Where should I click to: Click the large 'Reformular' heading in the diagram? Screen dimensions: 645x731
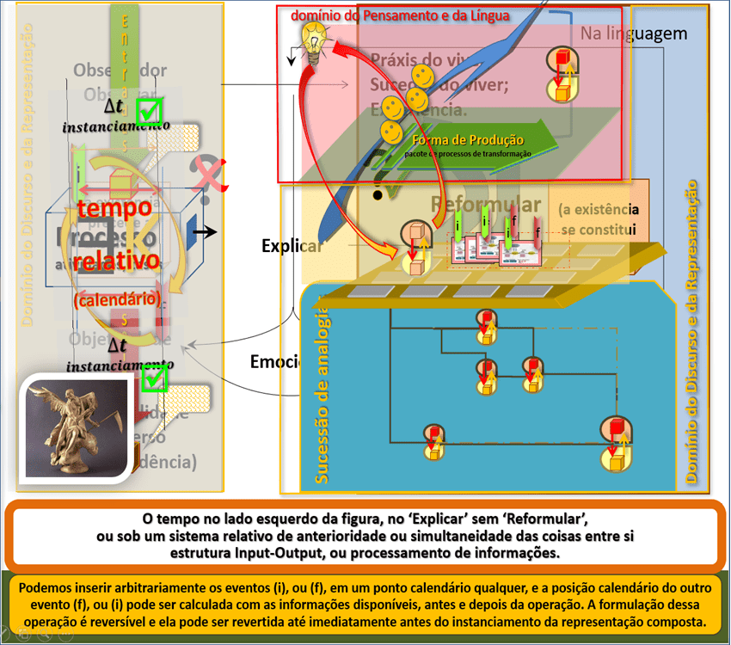(x=486, y=205)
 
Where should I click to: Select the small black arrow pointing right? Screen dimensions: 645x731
(x=204, y=232)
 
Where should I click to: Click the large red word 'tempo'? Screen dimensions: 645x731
(x=115, y=208)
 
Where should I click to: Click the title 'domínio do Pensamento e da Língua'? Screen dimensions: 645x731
(x=400, y=15)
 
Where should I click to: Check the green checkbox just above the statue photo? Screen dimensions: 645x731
(x=154, y=376)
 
